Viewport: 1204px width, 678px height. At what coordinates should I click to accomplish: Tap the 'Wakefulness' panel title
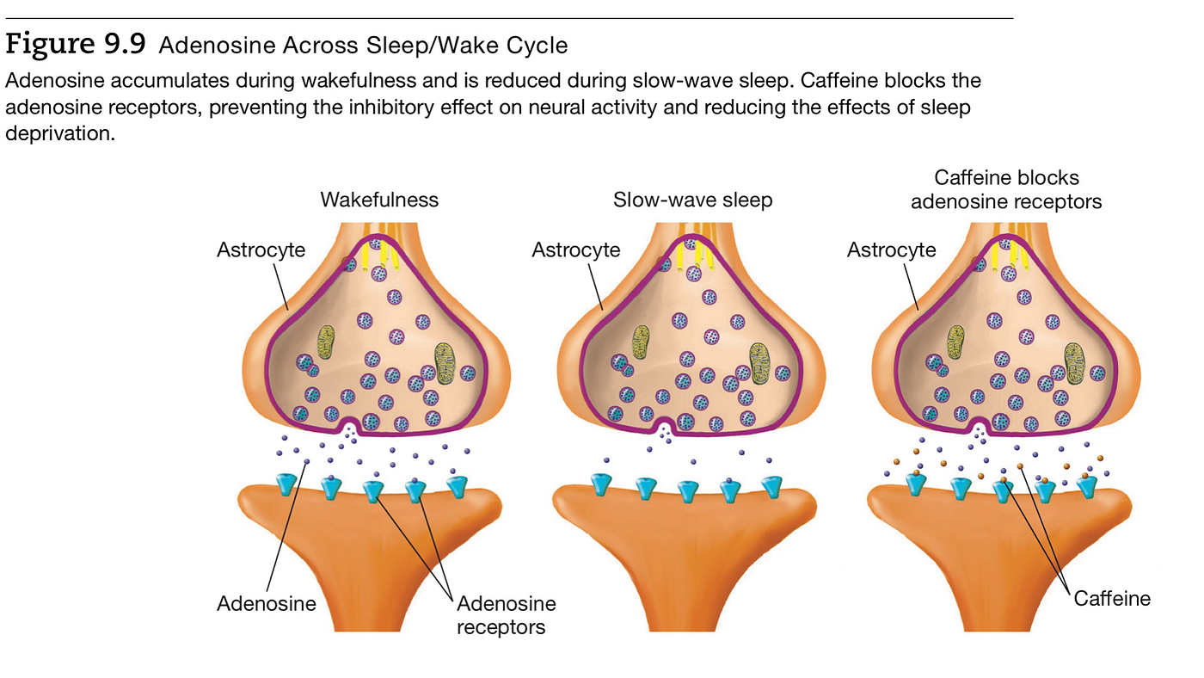click(379, 200)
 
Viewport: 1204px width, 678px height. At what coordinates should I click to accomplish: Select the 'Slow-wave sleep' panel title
click(692, 200)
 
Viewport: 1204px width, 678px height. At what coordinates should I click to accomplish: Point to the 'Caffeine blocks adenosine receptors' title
click(1006, 190)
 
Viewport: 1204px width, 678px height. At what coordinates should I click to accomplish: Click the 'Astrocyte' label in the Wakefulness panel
click(261, 250)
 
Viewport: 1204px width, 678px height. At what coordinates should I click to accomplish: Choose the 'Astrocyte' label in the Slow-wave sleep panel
click(575, 250)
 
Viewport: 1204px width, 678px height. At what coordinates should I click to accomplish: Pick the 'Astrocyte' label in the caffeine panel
click(891, 250)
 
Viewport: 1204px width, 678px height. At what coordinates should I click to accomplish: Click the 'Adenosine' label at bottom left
click(266, 604)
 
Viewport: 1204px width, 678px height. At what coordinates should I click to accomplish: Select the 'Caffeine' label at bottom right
click(1112, 599)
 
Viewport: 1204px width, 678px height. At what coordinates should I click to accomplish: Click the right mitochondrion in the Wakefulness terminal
click(445, 363)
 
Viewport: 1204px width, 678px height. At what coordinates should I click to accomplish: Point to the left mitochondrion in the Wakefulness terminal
click(326, 342)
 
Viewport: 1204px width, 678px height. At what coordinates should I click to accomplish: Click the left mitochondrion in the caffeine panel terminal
click(955, 342)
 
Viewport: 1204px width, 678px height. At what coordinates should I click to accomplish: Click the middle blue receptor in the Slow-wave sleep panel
click(687, 491)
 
